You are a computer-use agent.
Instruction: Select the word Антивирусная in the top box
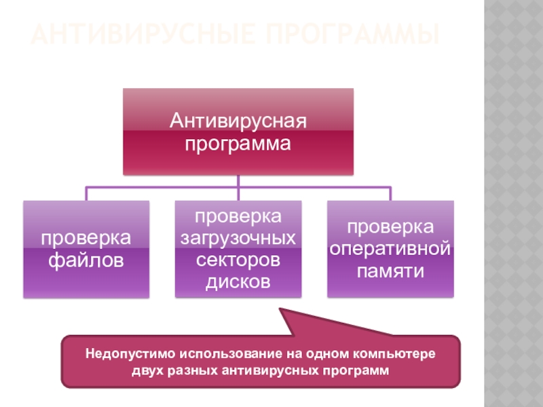pyautogui.click(x=238, y=122)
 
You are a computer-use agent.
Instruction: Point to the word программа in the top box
pyautogui.click(x=238, y=144)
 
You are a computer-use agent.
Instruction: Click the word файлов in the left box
pyautogui.click(x=86, y=260)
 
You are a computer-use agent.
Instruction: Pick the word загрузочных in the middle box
pyautogui.click(x=238, y=238)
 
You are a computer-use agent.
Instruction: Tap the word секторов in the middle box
pyautogui.click(x=238, y=260)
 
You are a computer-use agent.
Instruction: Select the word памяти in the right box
pyautogui.click(x=390, y=271)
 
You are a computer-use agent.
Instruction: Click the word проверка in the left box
pyautogui.click(x=86, y=238)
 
